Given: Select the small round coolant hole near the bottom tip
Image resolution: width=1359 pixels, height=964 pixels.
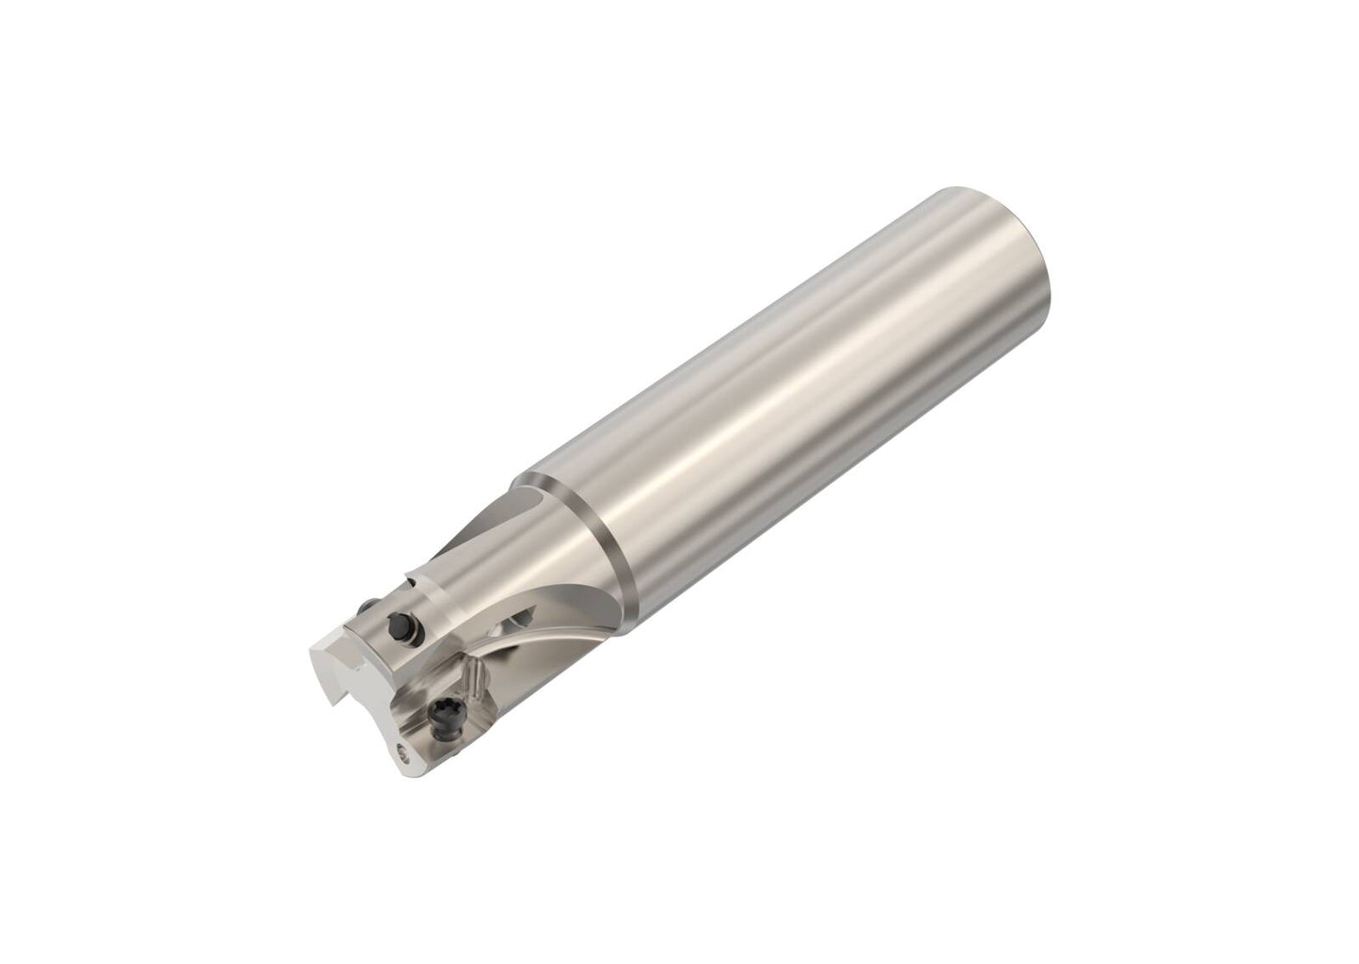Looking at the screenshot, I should tap(404, 752).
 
